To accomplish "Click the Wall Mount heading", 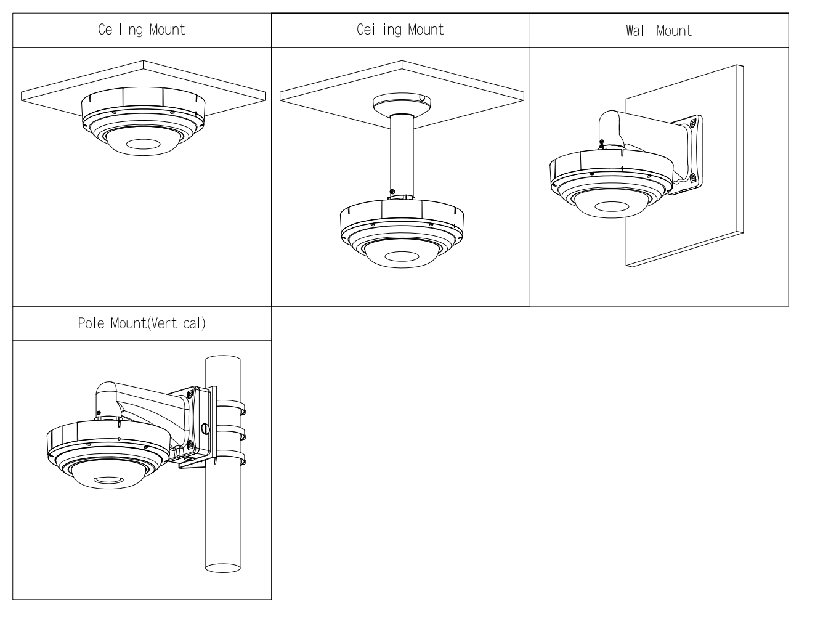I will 659,31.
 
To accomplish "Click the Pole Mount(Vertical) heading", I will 142,323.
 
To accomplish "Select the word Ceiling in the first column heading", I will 121,30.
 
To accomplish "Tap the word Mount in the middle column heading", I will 424,30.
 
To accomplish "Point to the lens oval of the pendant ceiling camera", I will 401,256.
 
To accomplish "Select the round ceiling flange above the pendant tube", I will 401,102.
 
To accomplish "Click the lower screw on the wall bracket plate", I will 693,178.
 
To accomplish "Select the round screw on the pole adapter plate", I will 205,428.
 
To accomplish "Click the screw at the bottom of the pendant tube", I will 392,192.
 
